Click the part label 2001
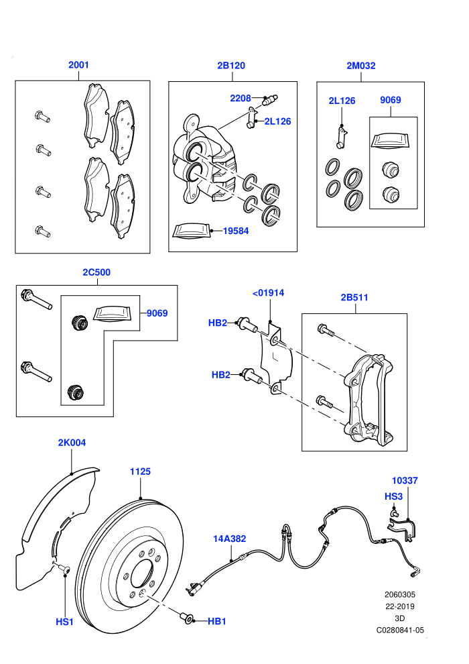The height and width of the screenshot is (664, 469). (x=78, y=65)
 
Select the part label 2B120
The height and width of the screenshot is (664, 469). (x=231, y=65)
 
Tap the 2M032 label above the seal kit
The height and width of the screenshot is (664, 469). (x=360, y=66)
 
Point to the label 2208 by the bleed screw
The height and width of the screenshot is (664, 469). (x=241, y=98)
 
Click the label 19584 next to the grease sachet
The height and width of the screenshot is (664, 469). (x=236, y=231)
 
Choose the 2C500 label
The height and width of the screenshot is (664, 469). (x=96, y=272)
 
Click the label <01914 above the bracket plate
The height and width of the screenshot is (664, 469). (x=268, y=292)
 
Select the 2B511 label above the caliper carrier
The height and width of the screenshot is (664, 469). (x=354, y=297)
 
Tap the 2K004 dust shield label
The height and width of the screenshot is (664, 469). (x=72, y=443)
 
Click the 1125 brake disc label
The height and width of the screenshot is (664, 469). (x=140, y=472)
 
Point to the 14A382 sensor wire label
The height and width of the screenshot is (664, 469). (x=229, y=539)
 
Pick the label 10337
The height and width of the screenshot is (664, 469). (x=405, y=481)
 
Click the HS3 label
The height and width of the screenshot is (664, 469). (x=393, y=496)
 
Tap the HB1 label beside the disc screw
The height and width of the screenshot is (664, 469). (x=217, y=621)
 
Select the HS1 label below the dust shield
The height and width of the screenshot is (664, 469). (x=65, y=622)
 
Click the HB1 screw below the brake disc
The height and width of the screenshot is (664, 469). (x=186, y=618)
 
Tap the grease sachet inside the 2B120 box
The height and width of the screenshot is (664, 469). (x=192, y=231)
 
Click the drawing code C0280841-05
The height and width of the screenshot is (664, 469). (x=400, y=630)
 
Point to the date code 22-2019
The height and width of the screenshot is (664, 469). (x=400, y=606)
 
